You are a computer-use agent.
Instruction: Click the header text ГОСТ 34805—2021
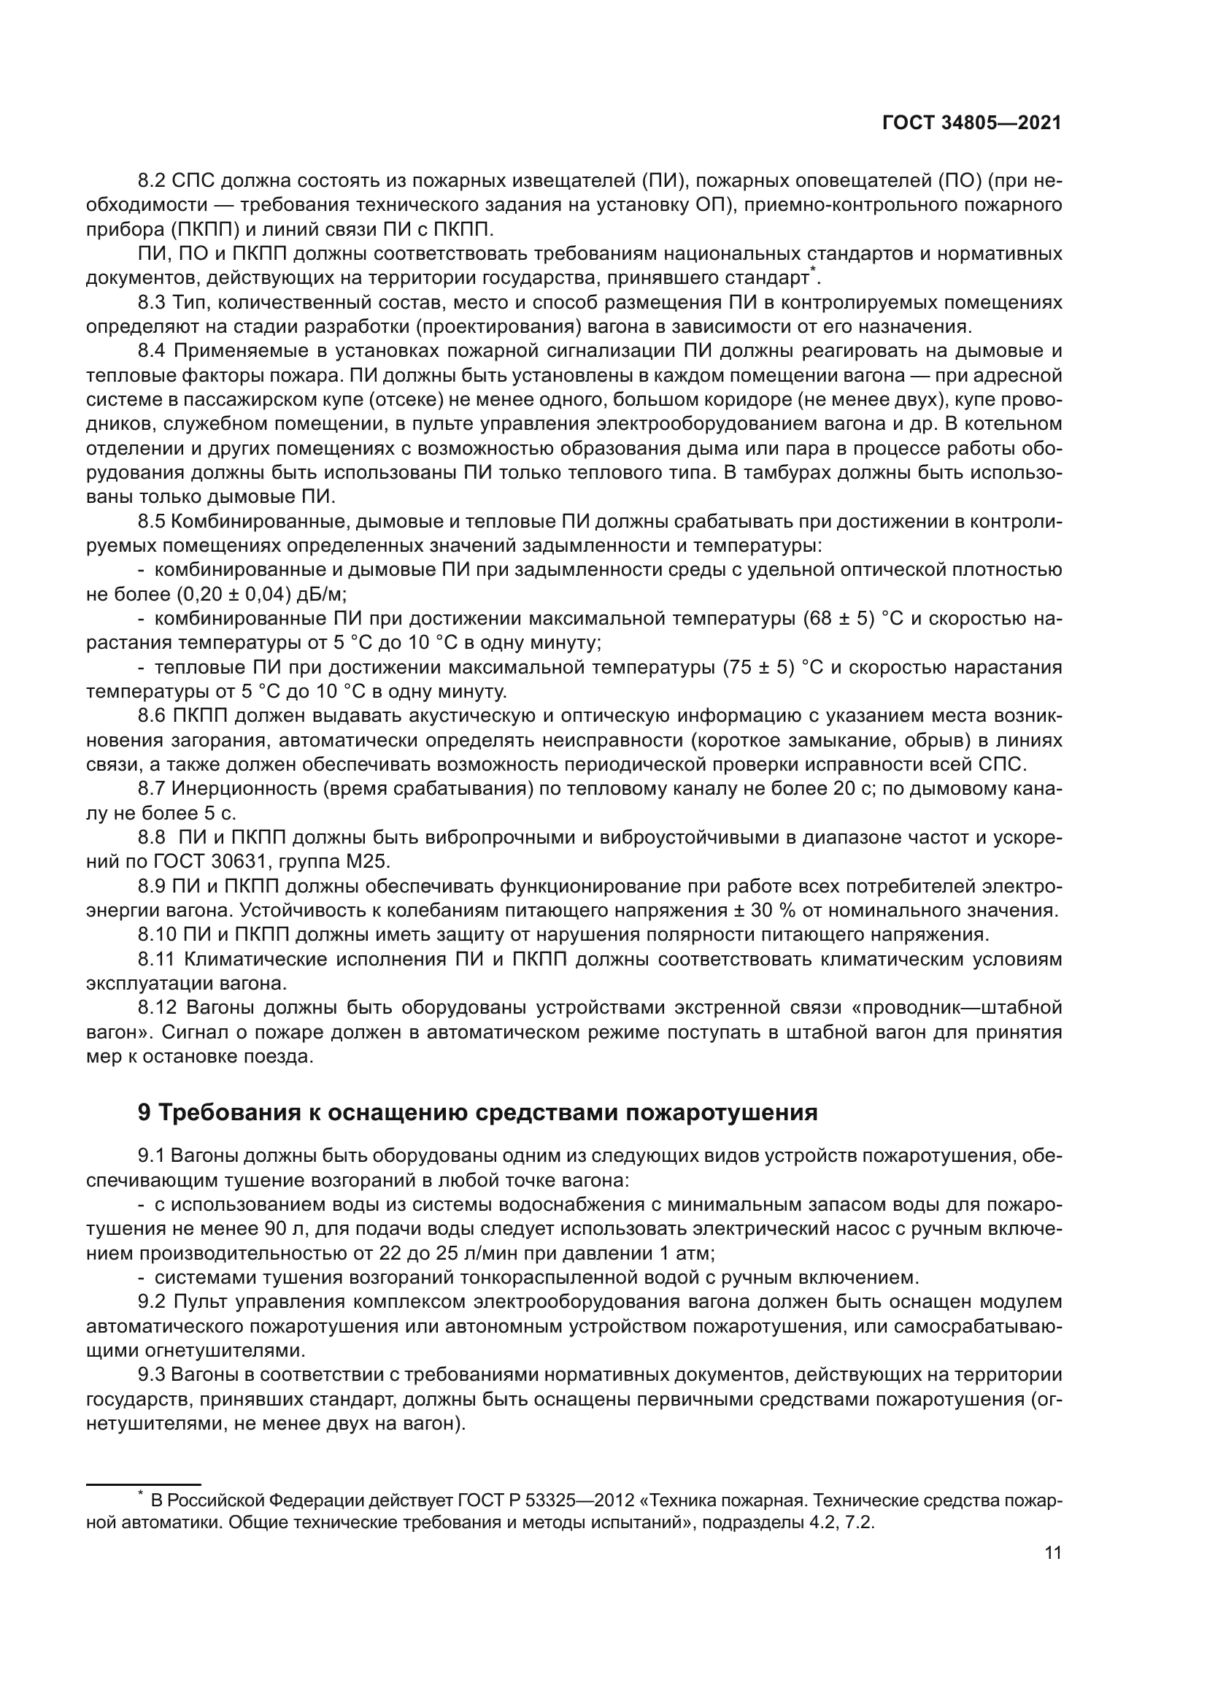click(971, 123)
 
